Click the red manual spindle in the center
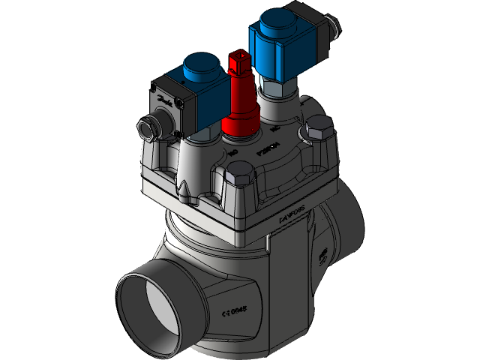tap(241, 105)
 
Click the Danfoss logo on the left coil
tap(165, 103)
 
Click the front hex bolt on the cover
tap(236, 183)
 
